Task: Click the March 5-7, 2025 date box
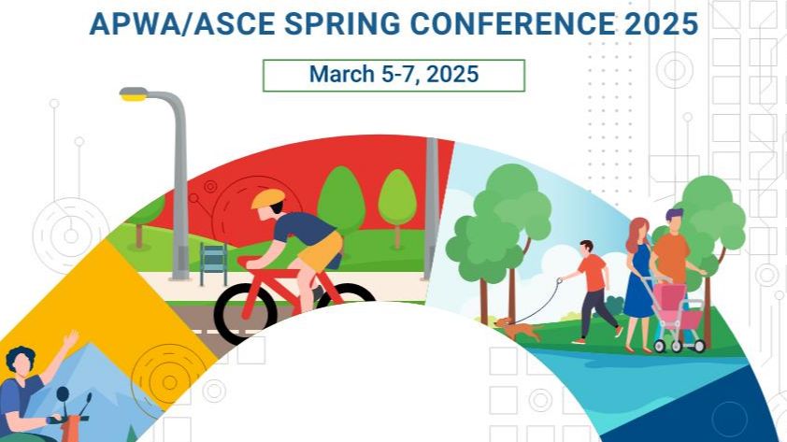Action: tap(393, 75)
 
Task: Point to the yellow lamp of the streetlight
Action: tap(134, 93)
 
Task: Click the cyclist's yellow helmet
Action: tap(267, 198)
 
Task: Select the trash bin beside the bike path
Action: tap(213, 264)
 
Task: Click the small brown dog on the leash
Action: tap(519, 329)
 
